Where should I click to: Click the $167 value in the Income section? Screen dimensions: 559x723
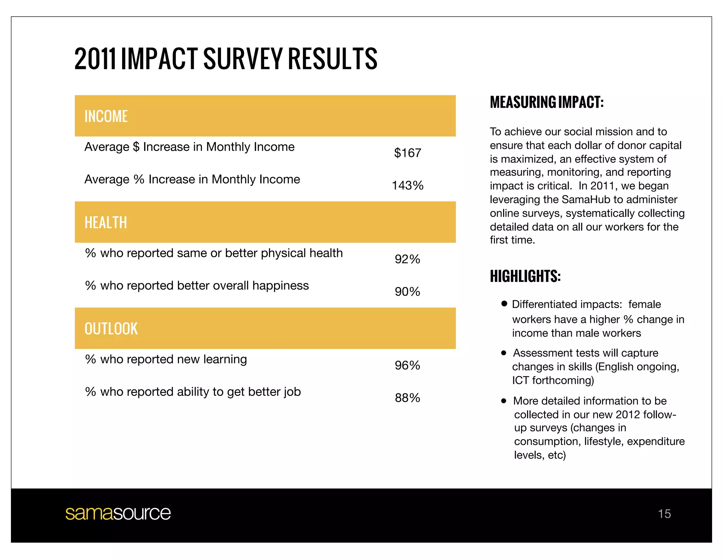point(407,153)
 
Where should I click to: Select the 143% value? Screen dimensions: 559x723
point(407,186)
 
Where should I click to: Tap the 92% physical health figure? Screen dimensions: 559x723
point(407,259)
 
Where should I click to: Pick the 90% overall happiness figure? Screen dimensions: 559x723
point(407,292)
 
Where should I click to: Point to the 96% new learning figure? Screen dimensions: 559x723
point(407,365)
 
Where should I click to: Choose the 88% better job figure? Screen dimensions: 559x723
point(407,398)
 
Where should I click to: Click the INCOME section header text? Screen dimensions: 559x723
point(106,117)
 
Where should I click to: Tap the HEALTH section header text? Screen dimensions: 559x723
point(106,223)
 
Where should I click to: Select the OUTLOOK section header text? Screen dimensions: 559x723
point(111,329)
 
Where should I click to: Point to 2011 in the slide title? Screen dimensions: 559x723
point(95,59)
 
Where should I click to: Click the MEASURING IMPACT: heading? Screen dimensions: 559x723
point(546,102)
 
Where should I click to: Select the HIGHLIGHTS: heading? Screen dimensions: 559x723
point(525,276)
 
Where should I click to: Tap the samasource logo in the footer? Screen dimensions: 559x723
point(118,513)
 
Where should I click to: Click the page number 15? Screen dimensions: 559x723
point(664,514)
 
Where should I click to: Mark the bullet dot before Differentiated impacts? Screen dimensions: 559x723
point(504,304)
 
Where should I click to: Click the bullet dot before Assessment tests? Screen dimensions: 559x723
point(504,353)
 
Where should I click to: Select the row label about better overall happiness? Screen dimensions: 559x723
point(197,286)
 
